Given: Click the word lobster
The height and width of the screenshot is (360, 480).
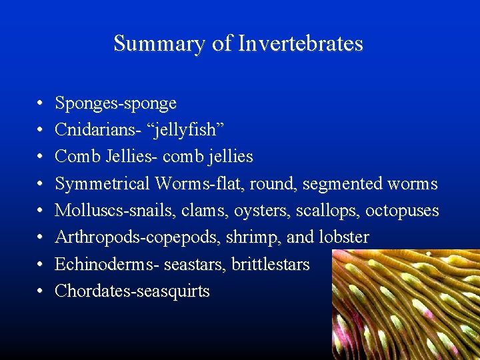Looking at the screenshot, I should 345,237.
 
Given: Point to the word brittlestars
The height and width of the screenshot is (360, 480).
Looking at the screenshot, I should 271,265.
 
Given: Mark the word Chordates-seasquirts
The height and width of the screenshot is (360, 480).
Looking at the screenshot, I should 132,291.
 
